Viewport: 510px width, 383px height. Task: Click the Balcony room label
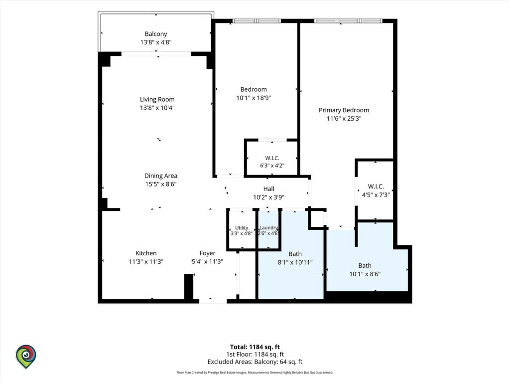point(156,34)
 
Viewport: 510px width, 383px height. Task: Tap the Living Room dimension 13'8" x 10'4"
point(157,108)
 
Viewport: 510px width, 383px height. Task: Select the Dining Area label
point(161,176)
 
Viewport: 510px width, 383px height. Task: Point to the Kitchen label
point(146,253)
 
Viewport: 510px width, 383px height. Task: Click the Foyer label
point(208,253)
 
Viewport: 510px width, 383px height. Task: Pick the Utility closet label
point(242,227)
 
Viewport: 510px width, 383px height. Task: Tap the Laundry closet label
point(268,227)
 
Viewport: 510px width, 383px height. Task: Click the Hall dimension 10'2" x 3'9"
point(268,197)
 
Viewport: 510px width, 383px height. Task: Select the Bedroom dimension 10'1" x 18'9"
point(254,98)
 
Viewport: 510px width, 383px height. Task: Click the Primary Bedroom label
point(344,110)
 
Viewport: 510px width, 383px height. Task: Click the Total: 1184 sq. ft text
point(255,347)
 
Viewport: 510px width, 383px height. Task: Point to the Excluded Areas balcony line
point(255,362)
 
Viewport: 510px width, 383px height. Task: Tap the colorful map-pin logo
point(26,357)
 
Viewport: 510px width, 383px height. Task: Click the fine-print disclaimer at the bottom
point(255,373)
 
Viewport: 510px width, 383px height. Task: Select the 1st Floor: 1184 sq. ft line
point(255,355)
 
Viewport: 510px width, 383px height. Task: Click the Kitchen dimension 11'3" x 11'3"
point(146,261)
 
